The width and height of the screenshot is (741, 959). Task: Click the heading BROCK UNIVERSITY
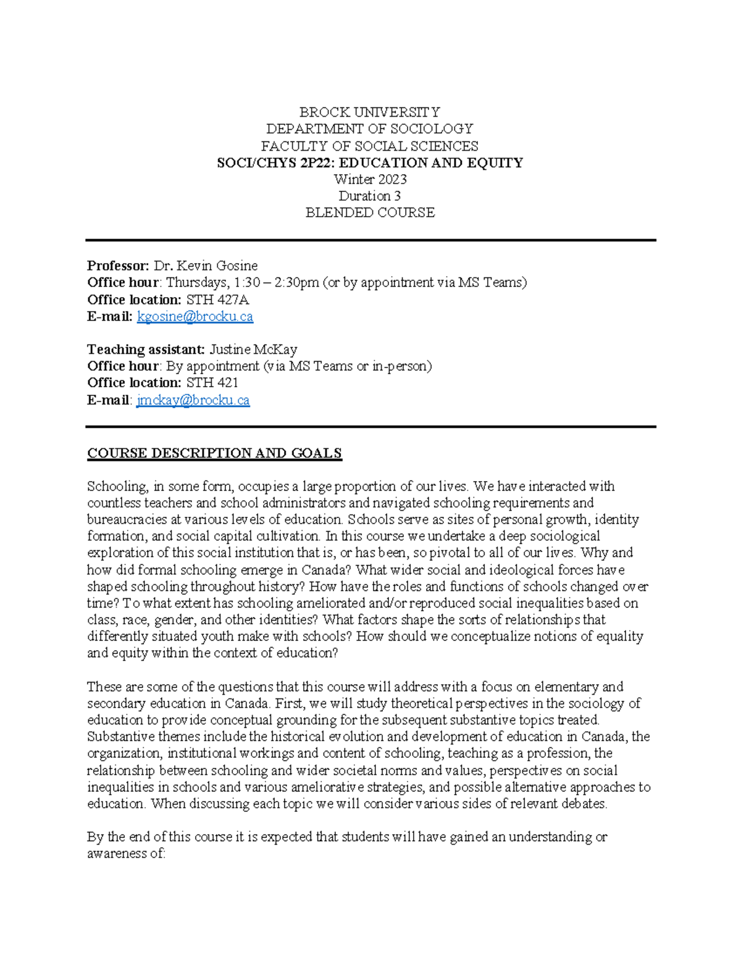[x=369, y=112]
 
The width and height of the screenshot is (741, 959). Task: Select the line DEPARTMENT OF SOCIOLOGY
[x=369, y=128]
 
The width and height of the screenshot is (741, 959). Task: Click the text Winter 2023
[x=369, y=179]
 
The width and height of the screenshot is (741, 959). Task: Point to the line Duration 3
[x=369, y=196]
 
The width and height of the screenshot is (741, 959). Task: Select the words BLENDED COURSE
[x=369, y=212]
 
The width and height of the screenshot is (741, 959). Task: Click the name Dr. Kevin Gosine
[x=206, y=266]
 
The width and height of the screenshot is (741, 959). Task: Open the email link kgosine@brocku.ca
[x=195, y=316]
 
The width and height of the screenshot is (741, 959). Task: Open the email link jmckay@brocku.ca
[x=193, y=400]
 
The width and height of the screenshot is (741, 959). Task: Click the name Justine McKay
[x=253, y=350]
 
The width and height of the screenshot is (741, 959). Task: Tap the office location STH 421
[x=212, y=383]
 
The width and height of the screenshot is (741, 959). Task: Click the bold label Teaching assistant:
[x=146, y=350]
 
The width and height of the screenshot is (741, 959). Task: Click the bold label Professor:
[x=118, y=266]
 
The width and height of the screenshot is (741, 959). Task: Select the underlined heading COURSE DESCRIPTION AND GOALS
[x=214, y=453]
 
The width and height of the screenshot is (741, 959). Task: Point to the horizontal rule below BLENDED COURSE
[x=371, y=240]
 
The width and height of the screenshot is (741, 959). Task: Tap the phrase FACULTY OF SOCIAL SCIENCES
[x=369, y=146]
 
